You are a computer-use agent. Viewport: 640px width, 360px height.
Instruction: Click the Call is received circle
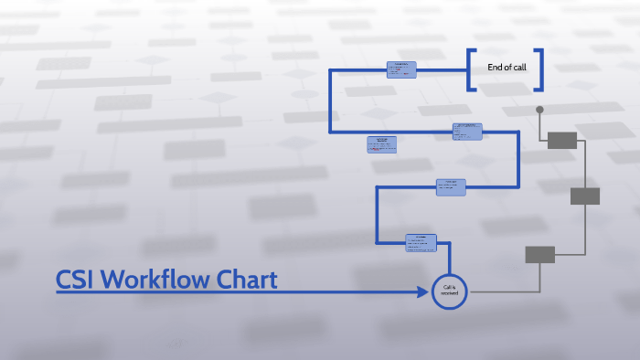pyautogui.click(x=449, y=291)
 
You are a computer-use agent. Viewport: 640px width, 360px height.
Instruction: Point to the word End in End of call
pyautogui.click(x=495, y=67)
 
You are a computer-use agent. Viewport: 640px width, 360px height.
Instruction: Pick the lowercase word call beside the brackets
pyautogui.click(x=519, y=67)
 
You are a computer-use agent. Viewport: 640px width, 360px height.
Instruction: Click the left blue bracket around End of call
pyautogui.click(x=471, y=70)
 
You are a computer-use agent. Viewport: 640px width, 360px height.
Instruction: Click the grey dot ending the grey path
pyautogui.click(x=539, y=110)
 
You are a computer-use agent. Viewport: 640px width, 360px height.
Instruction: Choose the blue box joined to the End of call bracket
pyautogui.click(x=400, y=69)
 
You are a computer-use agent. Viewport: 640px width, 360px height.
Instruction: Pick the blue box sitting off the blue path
pyautogui.click(x=382, y=144)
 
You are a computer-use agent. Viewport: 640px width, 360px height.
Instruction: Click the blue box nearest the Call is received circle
pyautogui.click(x=421, y=242)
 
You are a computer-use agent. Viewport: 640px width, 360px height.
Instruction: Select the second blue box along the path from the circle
pyautogui.click(x=451, y=186)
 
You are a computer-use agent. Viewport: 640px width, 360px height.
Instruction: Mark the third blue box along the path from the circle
pyautogui.click(x=467, y=131)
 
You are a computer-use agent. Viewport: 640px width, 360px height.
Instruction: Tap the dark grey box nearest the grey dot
pyautogui.click(x=561, y=140)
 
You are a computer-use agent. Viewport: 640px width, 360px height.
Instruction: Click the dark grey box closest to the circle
pyautogui.click(x=539, y=255)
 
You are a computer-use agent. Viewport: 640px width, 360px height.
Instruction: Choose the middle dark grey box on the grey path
pyautogui.click(x=585, y=196)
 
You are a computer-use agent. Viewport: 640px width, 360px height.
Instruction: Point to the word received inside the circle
pyautogui.click(x=449, y=294)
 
